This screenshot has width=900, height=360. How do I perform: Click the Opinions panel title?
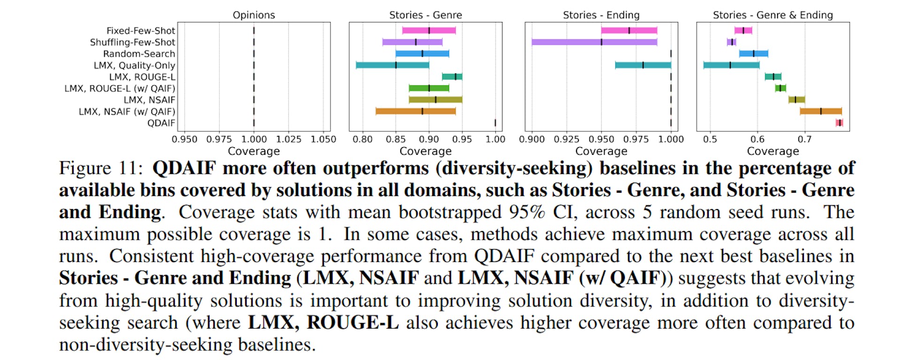tap(254, 15)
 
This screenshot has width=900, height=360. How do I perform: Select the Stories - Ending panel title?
tap(601, 15)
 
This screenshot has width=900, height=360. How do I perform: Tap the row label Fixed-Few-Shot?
tap(141, 31)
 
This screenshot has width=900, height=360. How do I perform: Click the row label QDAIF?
tap(161, 123)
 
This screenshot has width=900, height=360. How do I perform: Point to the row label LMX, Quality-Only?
tap(134, 66)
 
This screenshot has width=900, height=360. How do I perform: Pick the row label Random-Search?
tap(139, 54)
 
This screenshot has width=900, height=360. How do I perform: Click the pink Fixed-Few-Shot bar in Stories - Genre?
tap(428, 31)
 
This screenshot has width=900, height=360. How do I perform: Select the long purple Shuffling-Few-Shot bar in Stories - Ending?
tap(594, 42)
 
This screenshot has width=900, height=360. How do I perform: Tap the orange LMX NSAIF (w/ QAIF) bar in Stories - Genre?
tap(415, 112)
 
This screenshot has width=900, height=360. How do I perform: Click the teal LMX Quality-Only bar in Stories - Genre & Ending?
tap(731, 65)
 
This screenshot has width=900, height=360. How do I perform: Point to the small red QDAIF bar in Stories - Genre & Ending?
tap(839, 123)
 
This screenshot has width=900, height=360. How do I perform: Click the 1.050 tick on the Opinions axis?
tap(323, 139)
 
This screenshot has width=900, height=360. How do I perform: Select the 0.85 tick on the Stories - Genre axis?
tap(396, 139)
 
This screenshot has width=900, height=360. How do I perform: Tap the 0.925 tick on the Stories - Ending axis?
tap(566, 139)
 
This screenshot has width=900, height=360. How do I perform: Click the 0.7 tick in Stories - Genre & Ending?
tap(804, 139)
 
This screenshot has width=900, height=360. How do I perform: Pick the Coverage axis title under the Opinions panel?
tap(254, 151)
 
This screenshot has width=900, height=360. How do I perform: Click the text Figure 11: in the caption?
tap(101, 168)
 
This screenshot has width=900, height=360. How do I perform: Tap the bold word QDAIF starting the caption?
tap(184, 168)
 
